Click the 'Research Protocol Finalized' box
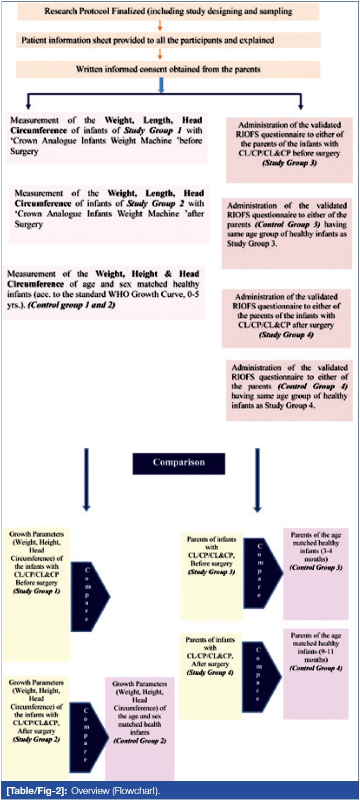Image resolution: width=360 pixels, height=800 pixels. tap(168, 11)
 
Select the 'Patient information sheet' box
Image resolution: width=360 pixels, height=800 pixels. tap(168, 40)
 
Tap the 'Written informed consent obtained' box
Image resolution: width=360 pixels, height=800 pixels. tap(168, 69)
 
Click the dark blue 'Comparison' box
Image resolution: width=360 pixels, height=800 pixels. tap(179, 463)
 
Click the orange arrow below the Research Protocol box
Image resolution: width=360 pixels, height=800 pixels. tap(160, 25)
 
